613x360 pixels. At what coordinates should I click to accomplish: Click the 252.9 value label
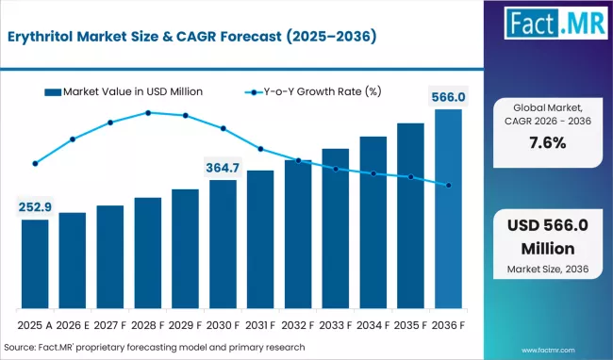click(x=35, y=207)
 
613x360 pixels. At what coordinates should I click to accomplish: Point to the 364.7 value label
click(x=223, y=167)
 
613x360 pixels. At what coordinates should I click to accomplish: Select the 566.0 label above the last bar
click(x=448, y=96)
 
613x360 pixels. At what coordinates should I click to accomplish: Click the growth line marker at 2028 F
click(x=148, y=113)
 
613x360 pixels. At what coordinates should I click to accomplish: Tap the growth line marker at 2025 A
click(x=35, y=163)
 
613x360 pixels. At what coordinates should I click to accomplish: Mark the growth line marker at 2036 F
click(x=448, y=186)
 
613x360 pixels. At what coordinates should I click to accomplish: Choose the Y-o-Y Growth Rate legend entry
click(x=311, y=91)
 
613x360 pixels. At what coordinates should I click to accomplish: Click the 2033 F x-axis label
click(x=336, y=325)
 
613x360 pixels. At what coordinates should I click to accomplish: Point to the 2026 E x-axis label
click(x=73, y=325)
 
